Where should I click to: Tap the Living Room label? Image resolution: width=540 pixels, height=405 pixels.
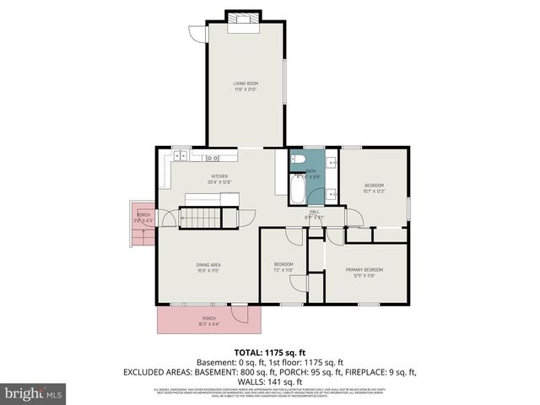click(246, 85)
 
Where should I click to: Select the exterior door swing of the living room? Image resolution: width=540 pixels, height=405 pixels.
click(198, 34)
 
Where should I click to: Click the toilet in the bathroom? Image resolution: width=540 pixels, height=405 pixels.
click(297, 159)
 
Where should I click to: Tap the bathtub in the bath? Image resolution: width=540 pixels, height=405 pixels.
click(297, 190)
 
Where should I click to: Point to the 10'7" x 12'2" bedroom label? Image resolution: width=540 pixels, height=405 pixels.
click(374, 187)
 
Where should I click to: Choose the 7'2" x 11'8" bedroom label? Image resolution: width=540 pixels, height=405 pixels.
click(283, 267)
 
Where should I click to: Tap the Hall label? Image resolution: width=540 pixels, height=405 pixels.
click(314, 213)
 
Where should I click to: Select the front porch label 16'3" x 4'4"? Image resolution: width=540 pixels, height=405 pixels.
click(208, 321)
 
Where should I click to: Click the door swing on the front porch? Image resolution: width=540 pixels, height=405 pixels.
click(240, 314)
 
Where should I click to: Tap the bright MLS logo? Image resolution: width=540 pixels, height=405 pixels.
click(34, 393)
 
